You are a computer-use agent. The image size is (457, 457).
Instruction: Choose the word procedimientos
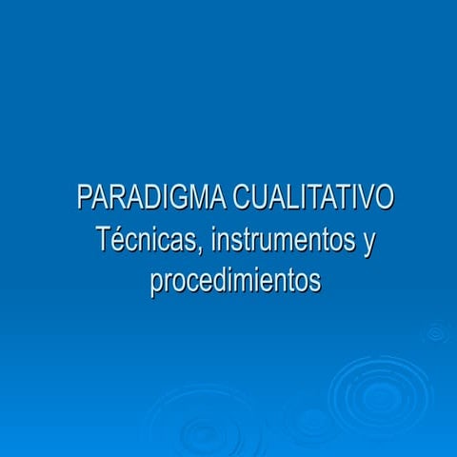pyautogui.click(x=235, y=282)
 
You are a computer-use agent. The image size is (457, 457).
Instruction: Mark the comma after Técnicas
pyautogui.click(x=200, y=249)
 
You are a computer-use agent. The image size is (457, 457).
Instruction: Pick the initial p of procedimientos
pyautogui.click(x=156, y=285)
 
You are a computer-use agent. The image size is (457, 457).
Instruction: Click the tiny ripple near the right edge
pyautogui.click(x=436, y=332)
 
